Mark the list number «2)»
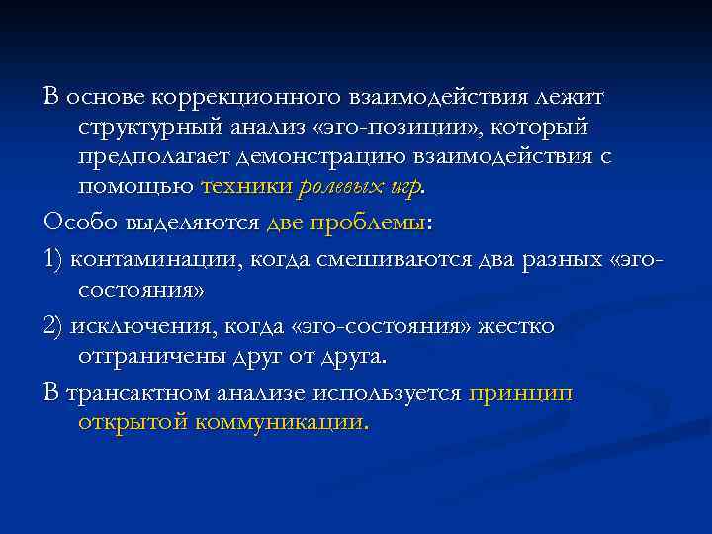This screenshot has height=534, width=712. tap(54, 326)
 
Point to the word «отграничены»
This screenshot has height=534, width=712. tap(148, 356)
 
